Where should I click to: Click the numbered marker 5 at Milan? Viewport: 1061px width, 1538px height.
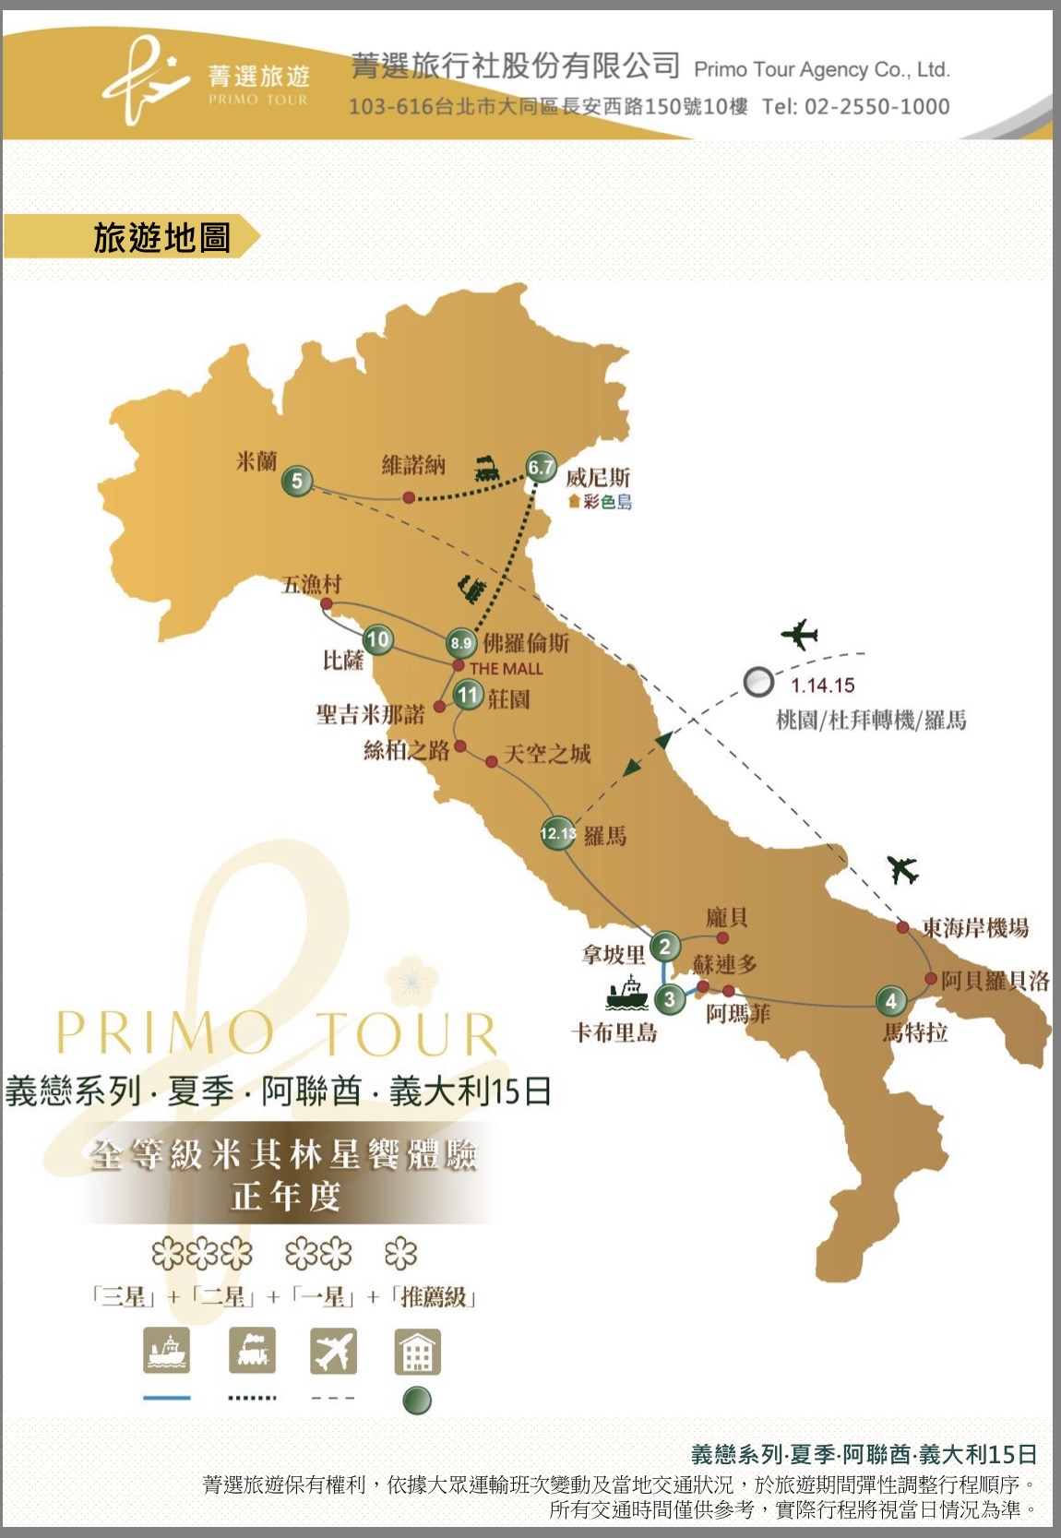[x=297, y=481]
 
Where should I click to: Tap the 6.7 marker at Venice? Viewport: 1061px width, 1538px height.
[x=541, y=468]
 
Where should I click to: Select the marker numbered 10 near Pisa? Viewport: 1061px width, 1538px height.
[x=377, y=639]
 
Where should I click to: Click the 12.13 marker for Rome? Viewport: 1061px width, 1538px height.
[x=557, y=833]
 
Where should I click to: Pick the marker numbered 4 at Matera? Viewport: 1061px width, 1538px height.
[x=890, y=1001]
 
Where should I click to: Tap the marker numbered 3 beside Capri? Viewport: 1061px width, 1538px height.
[x=670, y=999]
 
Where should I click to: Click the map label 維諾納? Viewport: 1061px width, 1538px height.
[x=413, y=464]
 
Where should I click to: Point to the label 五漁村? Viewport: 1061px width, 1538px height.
[x=311, y=584]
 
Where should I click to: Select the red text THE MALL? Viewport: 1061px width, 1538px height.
[x=506, y=669]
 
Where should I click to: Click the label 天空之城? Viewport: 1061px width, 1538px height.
[x=547, y=754]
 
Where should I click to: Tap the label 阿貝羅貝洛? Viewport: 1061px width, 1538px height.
[x=995, y=981]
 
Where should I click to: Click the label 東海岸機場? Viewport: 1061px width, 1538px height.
[x=975, y=928]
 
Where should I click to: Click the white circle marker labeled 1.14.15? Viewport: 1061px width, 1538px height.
[x=758, y=682]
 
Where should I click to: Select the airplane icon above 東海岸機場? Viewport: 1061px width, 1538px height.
[x=902, y=869]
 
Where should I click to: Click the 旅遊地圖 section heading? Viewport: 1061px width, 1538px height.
[x=161, y=238]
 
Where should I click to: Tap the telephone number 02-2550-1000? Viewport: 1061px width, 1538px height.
[x=876, y=107]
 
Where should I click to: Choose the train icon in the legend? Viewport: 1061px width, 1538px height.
[x=252, y=1352]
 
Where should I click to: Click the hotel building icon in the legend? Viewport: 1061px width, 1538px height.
[x=417, y=1352]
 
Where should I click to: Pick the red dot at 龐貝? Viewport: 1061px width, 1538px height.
[x=722, y=937]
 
